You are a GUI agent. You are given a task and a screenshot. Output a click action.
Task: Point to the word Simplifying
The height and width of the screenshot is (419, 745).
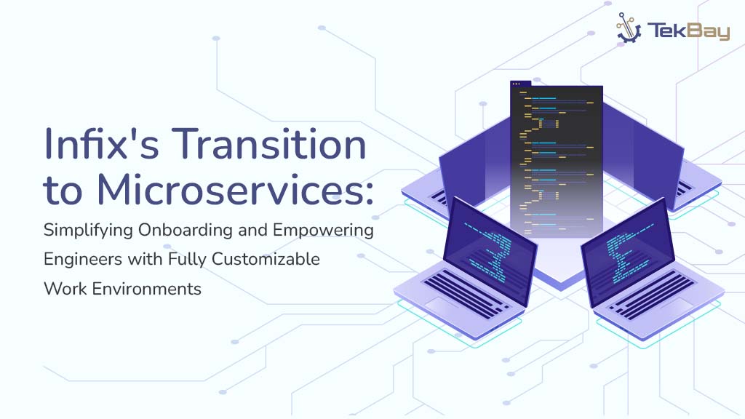[88, 231]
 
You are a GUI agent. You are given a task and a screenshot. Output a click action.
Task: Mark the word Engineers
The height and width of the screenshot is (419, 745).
[87, 259]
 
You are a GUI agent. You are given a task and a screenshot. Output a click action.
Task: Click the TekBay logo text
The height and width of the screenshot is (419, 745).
[688, 31]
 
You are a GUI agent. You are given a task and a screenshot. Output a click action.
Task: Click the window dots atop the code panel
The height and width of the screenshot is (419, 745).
[518, 84]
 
